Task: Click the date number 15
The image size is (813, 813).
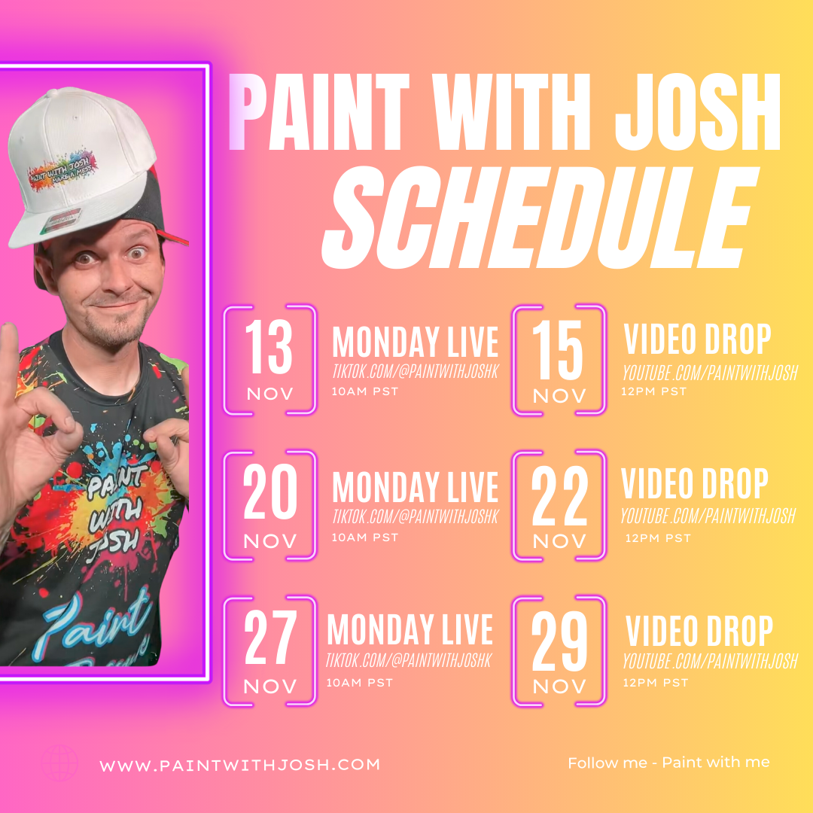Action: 558,353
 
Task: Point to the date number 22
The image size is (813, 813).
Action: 558,498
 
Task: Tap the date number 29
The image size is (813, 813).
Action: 558,644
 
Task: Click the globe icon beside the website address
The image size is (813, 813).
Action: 59,763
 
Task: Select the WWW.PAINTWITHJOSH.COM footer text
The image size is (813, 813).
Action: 240,765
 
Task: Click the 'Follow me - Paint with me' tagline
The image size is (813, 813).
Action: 668,763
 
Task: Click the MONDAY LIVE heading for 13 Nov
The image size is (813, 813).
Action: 415,343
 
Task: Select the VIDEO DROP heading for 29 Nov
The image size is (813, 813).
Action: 699,633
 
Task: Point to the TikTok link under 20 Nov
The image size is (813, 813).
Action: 415,516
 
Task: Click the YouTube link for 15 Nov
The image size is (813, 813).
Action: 708,373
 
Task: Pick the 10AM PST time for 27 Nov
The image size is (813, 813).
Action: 359,684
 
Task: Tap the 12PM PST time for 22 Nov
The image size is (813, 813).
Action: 657,538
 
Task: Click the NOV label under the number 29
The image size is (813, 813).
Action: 559,687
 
